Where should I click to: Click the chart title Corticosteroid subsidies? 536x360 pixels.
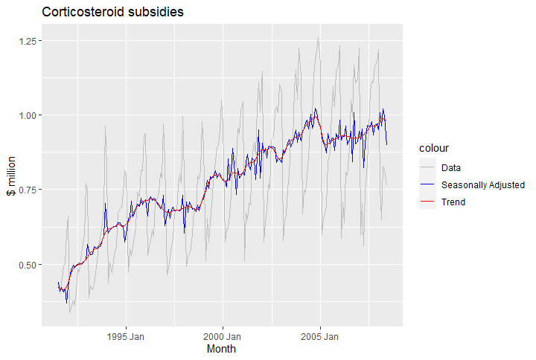point(112,12)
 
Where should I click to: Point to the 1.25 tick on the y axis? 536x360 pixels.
point(28,41)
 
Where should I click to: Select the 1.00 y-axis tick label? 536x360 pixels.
point(28,115)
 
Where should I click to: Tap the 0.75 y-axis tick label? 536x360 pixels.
point(28,190)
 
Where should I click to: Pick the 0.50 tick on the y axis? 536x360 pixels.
point(28,265)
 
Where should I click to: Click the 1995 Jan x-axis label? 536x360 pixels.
point(126,337)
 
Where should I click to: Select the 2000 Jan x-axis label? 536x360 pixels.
point(222,337)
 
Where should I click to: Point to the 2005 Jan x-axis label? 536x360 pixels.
point(319,337)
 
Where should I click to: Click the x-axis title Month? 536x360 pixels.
point(221,349)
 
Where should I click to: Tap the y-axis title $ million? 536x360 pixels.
point(11,176)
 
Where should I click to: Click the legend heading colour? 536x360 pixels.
point(434,148)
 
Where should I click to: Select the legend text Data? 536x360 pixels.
point(451,167)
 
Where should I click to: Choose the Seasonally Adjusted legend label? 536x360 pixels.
point(483,184)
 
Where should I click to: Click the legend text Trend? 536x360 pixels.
point(453,202)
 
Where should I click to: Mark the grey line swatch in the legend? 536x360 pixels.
point(427,167)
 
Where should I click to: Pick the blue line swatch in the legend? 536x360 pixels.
point(427,184)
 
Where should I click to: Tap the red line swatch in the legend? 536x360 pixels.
point(427,201)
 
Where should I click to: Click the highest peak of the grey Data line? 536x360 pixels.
point(319,38)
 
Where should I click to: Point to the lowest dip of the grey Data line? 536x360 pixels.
point(70,312)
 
